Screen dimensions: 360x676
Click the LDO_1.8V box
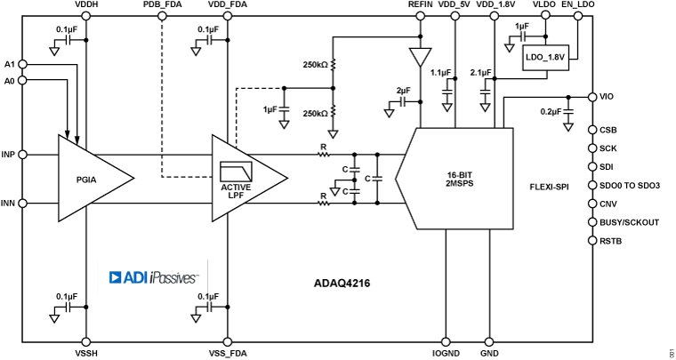point(545,58)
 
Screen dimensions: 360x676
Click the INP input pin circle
point(20,155)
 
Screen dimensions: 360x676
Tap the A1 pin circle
point(20,64)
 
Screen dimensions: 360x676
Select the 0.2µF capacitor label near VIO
point(551,111)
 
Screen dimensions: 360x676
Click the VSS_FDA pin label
point(228,353)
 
